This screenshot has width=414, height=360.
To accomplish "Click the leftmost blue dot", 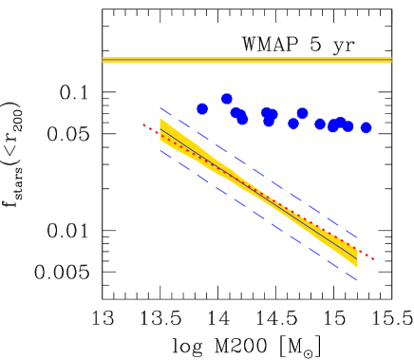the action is pyautogui.click(x=202, y=109).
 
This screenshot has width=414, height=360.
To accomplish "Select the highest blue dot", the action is pyautogui.click(x=227, y=99).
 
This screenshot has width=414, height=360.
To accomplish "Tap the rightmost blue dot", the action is pyautogui.click(x=366, y=127).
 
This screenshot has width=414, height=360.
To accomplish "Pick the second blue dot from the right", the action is pyautogui.click(x=348, y=126).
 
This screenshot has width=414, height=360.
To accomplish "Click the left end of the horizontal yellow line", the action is pyautogui.click(x=103, y=60).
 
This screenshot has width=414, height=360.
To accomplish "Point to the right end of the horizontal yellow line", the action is pyautogui.click(x=391, y=60).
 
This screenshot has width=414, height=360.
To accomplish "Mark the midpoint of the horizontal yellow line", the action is pyautogui.click(x=247, y=60).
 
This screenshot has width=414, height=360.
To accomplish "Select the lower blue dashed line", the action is pyautogui.click(x=256, y=214).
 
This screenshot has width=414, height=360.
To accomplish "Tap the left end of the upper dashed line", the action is pyautogui.click(x=160, y=108).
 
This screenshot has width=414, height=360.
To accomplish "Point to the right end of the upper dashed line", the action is pyautogui.click(x=357, y=237).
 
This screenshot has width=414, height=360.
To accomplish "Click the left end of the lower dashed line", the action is pyautogui.click(x=160, y=149).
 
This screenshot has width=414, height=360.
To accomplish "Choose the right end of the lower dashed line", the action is pyautogui.click(x=357, y=278).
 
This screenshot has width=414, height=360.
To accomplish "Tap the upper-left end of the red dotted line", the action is pyautogui.click(x=143, y=124).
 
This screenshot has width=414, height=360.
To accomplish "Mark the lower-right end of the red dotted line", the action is pyautogui.click(x=374, y=258).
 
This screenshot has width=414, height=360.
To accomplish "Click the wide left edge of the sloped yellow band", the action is pyautogui.click(x=160, y=130).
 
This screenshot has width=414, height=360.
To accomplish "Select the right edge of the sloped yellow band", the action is pyautogui.click(x=356, y=256).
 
